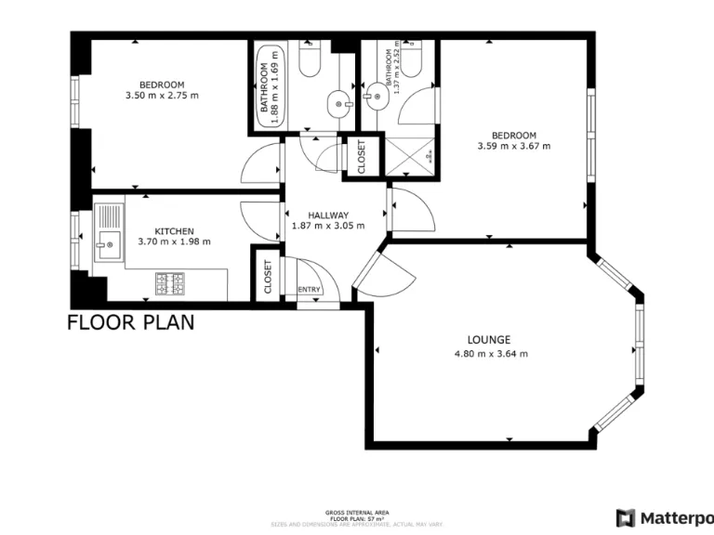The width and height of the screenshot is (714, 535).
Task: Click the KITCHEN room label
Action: point(174,230)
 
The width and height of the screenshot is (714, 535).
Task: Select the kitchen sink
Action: point(107,246)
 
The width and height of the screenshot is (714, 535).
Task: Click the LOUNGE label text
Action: point(490,340)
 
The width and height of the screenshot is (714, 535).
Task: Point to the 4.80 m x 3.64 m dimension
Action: point(490,354)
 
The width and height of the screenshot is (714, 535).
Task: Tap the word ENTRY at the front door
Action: point(309,290)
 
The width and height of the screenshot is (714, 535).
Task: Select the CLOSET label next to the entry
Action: point(268,276)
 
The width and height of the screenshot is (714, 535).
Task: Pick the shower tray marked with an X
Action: point(410,155)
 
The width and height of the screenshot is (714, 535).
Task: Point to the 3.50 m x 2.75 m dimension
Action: point(162,95)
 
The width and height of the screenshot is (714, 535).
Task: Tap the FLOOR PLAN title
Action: point(130,323)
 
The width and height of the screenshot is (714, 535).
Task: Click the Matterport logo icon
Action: point(627,517)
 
